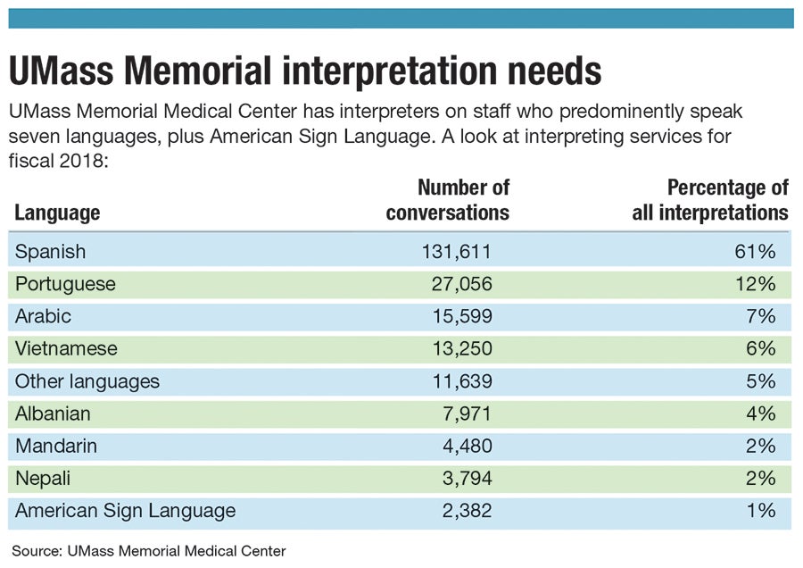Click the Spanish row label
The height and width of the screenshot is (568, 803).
[51, 252]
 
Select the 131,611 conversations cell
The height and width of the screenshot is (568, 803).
[456, 252]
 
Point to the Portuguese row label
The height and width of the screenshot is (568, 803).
[65, 284]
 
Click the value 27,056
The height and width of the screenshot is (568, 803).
[460, 284]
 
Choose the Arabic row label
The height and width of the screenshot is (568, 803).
[43, 316]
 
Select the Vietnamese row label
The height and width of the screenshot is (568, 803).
[66, 348]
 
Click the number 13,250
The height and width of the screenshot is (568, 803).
[460, 348]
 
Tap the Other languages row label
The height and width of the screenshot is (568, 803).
[87, 381]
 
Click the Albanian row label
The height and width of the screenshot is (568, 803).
[53, 413]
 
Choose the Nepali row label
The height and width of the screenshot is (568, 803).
[42, 478]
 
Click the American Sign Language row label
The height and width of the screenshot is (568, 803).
[126, 511]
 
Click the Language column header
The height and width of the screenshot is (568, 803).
[57, 213]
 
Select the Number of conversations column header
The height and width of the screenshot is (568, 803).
[449, 200]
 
